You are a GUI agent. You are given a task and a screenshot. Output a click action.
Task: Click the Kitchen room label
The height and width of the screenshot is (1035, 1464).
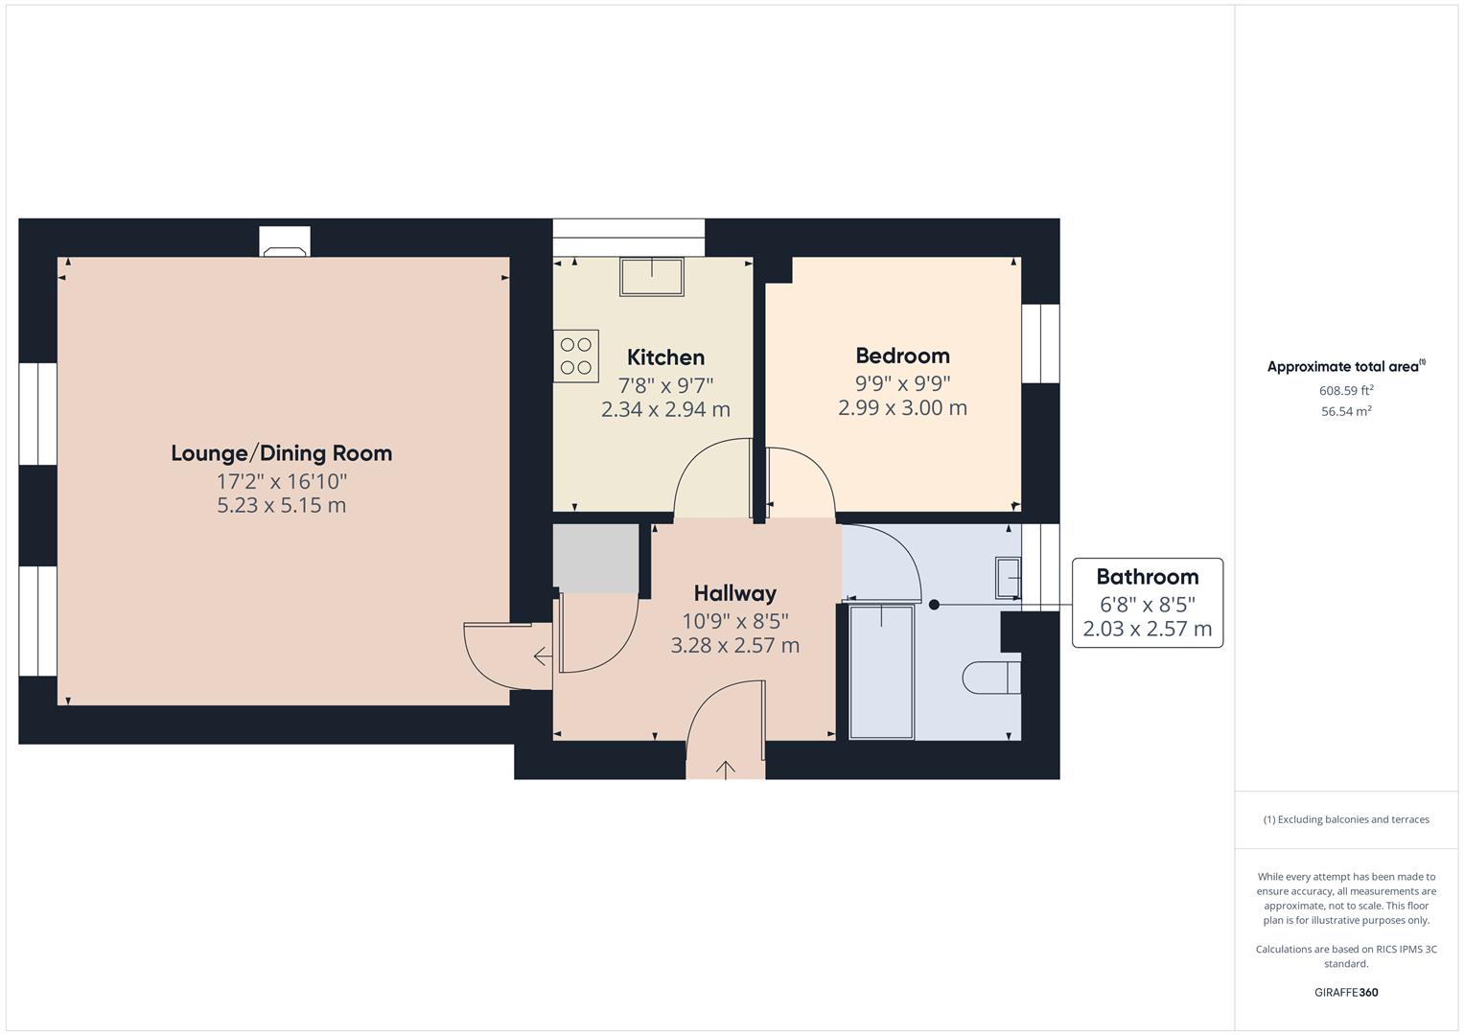pyautogui.click(x=665, y=357)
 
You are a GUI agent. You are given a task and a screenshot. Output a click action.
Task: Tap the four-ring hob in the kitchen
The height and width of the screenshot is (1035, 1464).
pyautogui.click(x=576, y=356)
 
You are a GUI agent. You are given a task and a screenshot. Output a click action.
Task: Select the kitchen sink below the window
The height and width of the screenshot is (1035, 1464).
pyautogui.click(x=651, y=277)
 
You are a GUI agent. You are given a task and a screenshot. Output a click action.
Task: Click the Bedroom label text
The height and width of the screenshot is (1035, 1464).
pyautogui.click(x=902, y=356)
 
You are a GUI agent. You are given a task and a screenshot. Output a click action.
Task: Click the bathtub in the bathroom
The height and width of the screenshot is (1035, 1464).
pyautogui.click(x=881, y=672)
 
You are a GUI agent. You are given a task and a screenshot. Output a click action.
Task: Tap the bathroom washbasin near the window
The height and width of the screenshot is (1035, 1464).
pyautogui.click(x=1008, y=577)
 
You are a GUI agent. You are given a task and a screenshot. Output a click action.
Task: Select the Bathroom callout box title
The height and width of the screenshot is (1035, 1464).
pyautogui.click(x=1147, y=577)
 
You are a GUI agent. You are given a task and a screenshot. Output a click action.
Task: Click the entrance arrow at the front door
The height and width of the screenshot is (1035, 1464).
pyautogui.click(x=726, y=769)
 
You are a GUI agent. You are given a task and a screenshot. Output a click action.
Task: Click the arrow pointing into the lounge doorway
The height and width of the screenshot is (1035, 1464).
pyautogui.click(x=542, y=656)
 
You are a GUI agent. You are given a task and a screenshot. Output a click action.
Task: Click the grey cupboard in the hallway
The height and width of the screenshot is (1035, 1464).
pyautogui.click(x=596, y=559)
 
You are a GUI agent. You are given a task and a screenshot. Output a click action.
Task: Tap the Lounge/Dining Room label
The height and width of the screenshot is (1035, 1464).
pyautogui.click(x=281, y=453)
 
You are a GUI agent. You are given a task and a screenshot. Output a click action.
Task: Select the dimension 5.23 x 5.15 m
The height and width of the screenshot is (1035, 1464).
pyautogui.click(x=281, y=505)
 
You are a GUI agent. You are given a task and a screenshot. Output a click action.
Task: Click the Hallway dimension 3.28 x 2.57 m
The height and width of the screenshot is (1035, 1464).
pyautogui.click(x=734, y=645)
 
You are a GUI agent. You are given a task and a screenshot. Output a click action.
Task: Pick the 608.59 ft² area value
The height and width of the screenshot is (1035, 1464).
pyautogui.click(x=1346, y=391)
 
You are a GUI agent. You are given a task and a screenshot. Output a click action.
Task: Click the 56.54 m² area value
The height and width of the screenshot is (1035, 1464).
pyautogui.click(x=1346, y=412)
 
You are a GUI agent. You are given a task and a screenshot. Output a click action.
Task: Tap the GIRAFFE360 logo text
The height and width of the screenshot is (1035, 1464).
pyautogui.click(x=1346, y=992)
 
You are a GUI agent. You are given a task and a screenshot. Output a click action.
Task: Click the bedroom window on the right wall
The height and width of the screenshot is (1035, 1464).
pyautogui.click(x=1040, y=343)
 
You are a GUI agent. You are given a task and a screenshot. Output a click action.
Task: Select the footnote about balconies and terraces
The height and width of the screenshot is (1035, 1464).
pyautogui.click(x=1346, y=819)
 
